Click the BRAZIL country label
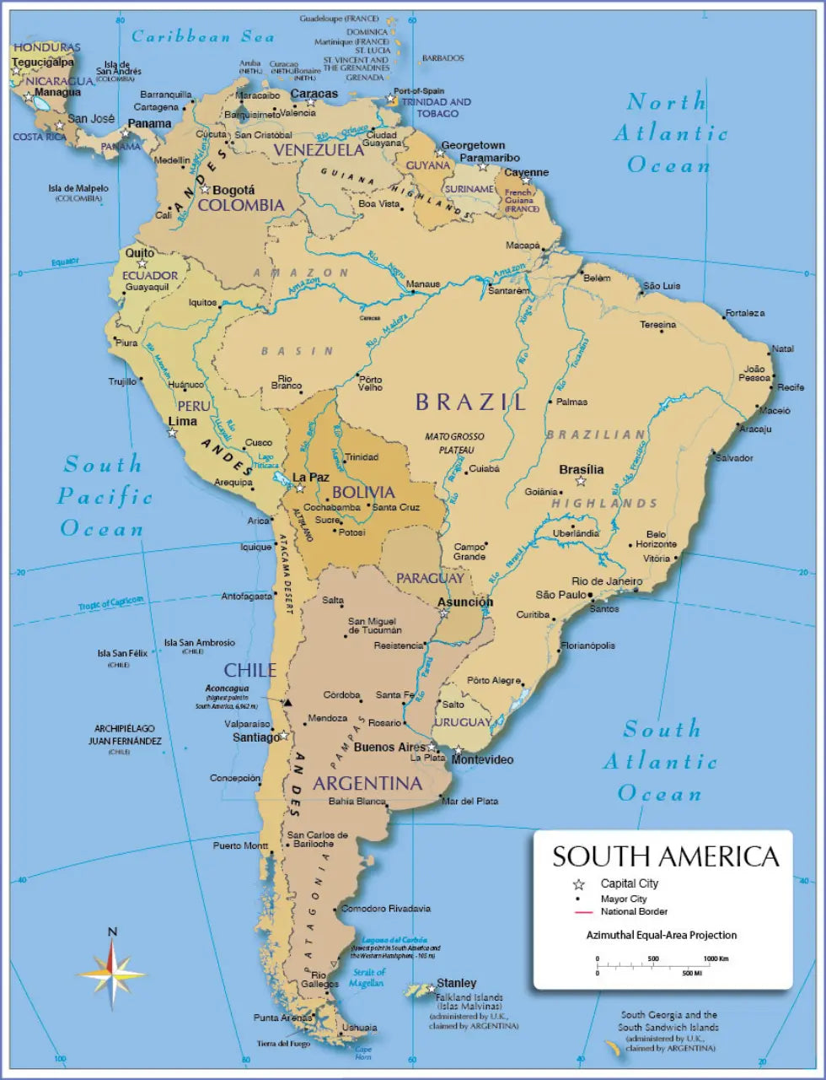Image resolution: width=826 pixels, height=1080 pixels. [470, 402]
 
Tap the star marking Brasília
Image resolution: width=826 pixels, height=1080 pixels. [581, 482]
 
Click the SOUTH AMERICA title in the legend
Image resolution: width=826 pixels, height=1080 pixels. [665, 856]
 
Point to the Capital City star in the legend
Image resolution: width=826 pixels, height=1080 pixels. [579, 884]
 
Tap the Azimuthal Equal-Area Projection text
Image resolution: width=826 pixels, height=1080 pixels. [662, 935]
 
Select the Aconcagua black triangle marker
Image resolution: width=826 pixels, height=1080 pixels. [287, 702]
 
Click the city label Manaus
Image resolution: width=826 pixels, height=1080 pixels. [423, 284]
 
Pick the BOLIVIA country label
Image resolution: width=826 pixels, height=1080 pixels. [363, 492]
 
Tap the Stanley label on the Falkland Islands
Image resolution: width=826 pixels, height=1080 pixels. [456, 983]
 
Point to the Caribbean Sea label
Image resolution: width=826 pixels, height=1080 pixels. [203, 36]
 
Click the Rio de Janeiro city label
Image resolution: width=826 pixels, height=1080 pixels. [607, 581]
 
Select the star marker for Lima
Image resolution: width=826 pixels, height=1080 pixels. [173, 433]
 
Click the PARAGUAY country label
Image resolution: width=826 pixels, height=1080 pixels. [430, 578]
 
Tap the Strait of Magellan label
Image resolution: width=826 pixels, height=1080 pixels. [367, 978]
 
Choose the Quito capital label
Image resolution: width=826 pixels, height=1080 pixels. [140, 252]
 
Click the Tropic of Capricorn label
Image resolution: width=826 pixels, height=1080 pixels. [111, 604]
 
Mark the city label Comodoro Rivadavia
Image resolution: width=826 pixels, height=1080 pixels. [385, 909]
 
